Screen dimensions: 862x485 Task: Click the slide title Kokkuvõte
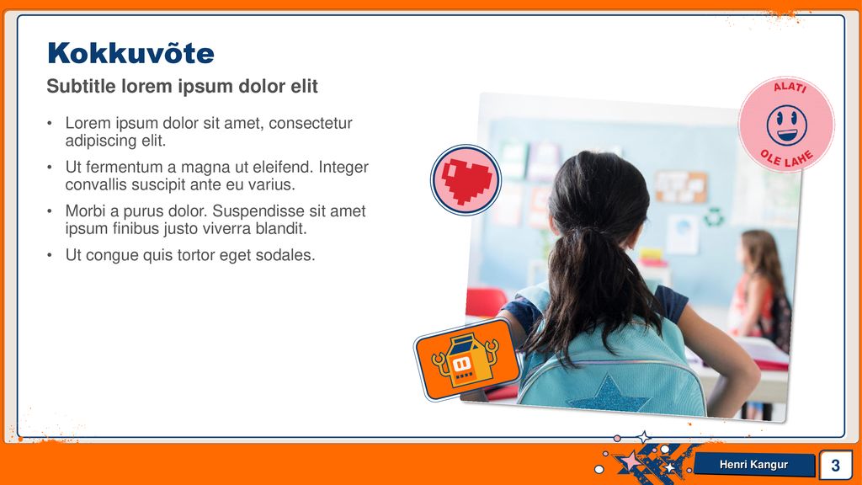tap(130, 53)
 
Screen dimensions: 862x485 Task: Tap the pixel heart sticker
tap(466, 180)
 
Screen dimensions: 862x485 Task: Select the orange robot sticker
tap(467, 360)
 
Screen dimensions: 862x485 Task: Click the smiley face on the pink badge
tap(787, 125)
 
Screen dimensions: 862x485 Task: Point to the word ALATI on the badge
tap(790, 87)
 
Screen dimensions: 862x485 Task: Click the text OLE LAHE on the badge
tap(787, 158)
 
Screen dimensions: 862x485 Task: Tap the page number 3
tap(836, 465)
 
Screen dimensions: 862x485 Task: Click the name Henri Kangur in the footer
tap(753, 465)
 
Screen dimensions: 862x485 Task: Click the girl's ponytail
tap(591, 286)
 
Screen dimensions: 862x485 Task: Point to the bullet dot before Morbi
tap(50, 211)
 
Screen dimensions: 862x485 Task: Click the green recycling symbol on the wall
tap(714, 217)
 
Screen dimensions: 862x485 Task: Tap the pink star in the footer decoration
tap(630, 460)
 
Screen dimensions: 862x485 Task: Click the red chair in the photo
tap(485, 302)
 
